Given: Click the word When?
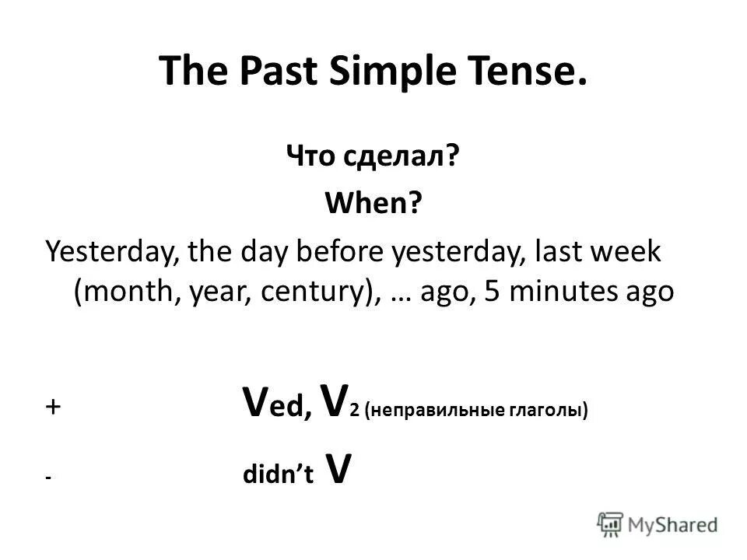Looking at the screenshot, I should tap(373, 206).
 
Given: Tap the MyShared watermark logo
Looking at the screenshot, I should tap(658, 523).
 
